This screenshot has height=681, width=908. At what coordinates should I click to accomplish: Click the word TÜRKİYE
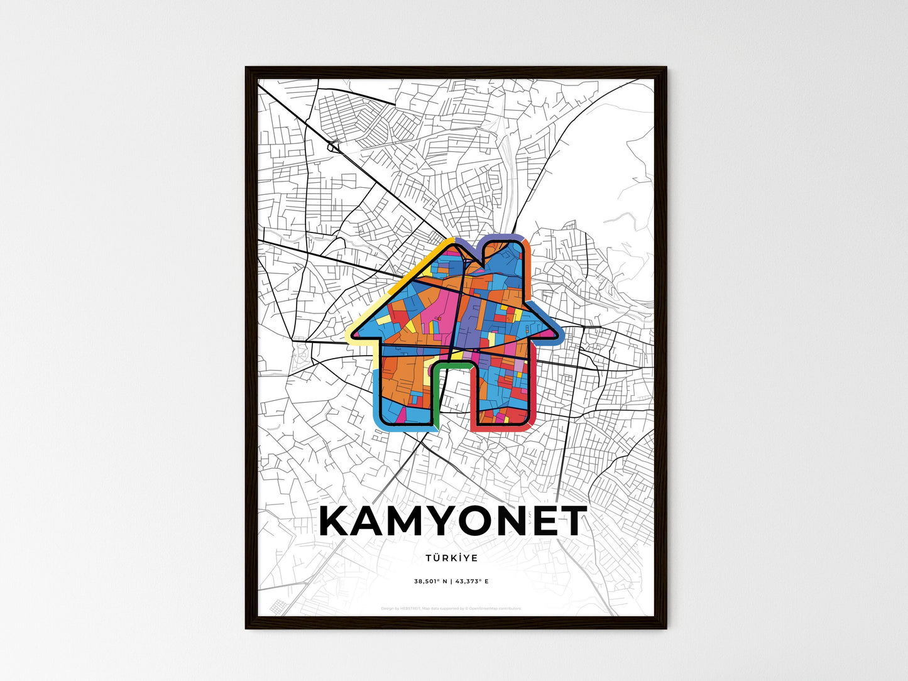coord(451,558)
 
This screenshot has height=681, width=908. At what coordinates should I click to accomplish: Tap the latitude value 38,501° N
coord(430,581)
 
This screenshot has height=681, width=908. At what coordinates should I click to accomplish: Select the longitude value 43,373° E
coord(471,581)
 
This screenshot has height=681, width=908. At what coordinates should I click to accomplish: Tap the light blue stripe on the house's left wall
coord(376,396)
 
